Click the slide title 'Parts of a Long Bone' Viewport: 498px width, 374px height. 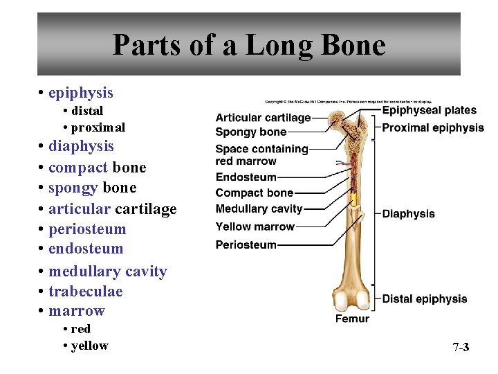(x=249, y=45)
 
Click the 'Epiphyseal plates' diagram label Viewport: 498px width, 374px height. (x=429, y=110)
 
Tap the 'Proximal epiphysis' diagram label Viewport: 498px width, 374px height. (x=433, y=127)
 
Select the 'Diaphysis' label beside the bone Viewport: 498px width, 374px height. (x=408, y=213)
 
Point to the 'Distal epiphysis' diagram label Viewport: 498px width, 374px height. (x=424, y=299)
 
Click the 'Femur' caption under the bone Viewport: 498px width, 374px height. (x=352, y=319)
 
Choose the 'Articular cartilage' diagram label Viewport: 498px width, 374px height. (x=263, y=118)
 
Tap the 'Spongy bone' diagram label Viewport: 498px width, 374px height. (x=250, y=132)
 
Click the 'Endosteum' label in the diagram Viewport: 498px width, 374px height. (x=246, y=177)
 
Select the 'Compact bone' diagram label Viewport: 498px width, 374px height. (x=254, y=193)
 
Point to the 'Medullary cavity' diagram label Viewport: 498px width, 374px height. (x=259, y=208)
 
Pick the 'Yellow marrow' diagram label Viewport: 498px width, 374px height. (x=255, y=226)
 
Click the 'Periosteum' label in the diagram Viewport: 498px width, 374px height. (x=246, y=244)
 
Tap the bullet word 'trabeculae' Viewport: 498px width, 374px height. (x=85, y=291)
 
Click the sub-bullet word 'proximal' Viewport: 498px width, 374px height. (x=98, y=127)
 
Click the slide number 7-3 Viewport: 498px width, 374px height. (x=461, y=347)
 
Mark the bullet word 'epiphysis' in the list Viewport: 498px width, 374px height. (x=80, y=92)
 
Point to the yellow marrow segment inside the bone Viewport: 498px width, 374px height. (x=354, y=201)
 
